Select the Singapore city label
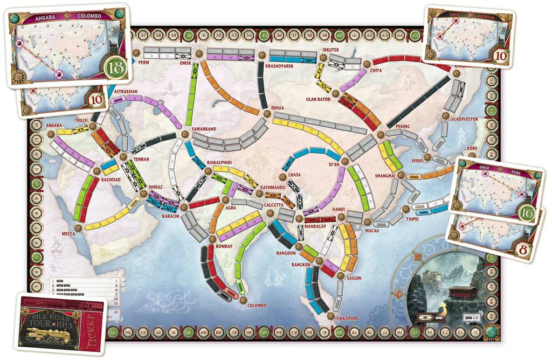tap(347, 318)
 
